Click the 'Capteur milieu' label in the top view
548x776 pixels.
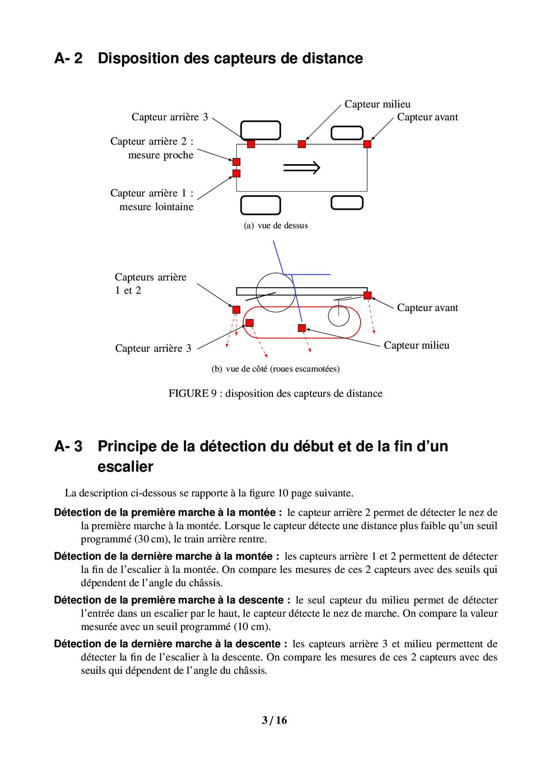377,104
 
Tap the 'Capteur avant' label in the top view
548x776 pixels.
427,117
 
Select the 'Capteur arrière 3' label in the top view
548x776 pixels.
170,117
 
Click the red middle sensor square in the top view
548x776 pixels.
302,144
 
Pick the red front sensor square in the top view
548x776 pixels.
367,144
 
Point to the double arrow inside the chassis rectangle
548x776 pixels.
301,167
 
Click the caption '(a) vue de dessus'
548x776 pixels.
276,226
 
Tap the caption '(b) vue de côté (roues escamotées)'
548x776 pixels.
276,369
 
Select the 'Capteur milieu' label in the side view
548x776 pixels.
416,345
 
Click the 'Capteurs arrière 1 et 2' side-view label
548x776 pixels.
150,284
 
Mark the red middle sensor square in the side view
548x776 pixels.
302,328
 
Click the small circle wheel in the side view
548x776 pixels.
339,316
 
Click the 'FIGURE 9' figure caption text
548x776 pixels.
275,393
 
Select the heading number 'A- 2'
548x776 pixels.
68,58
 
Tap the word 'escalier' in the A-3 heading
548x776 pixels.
126,467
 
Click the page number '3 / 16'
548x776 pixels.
274,720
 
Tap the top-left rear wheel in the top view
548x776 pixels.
261,121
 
